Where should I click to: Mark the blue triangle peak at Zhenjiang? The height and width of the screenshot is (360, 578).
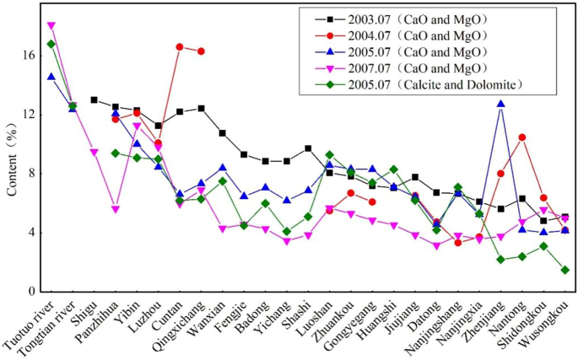point(501,104)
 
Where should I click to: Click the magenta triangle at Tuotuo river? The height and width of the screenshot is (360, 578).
point(51,26)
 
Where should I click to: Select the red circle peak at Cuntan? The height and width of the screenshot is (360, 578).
point(180,46)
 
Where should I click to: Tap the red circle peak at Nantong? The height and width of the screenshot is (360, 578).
point(522,137)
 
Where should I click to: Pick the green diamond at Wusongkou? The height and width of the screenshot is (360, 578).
point(564,270)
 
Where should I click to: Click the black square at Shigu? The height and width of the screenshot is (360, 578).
point(94,99)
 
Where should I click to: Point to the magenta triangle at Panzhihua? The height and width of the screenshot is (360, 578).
point(116,209)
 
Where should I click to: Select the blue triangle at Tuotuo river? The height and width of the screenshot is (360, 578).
point(51,77)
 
